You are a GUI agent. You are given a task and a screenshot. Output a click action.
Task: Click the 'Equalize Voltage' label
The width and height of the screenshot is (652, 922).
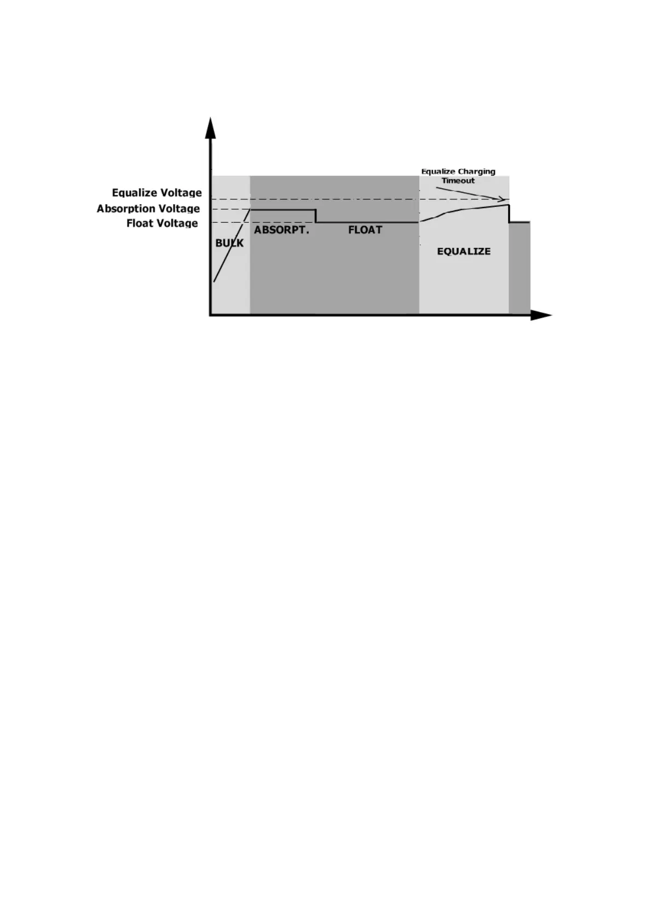click(157, 193)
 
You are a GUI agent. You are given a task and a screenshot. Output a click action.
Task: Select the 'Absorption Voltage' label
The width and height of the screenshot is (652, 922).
click(148, 209)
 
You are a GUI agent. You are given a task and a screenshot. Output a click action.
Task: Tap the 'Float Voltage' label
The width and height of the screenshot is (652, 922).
click(162, 223)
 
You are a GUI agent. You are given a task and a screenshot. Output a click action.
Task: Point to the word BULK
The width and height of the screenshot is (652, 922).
click(229, 243)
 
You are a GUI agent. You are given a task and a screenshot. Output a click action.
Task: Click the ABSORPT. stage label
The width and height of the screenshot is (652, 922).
click(281, 230)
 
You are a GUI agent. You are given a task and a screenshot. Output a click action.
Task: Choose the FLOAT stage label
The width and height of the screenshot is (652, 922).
click(365, 230)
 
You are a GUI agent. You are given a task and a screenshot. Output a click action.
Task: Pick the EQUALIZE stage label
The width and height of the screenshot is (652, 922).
click(464, 251)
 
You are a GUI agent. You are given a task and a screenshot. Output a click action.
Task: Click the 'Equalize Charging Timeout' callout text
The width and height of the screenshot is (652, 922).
click(458, 176)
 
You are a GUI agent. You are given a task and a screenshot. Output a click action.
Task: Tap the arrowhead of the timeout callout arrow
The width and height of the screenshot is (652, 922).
click(501, 199)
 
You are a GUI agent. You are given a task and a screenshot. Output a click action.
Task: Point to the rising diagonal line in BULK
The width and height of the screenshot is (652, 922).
click(232, 245)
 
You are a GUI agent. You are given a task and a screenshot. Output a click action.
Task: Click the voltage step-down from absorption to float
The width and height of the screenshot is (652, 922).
click(316, 216)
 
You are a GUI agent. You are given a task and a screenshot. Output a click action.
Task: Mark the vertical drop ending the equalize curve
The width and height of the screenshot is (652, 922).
click(509, 214)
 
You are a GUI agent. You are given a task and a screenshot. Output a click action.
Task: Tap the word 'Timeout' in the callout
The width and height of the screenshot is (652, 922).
click(458, 181)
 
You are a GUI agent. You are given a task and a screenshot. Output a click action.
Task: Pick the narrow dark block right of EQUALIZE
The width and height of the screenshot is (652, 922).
click(520, 268)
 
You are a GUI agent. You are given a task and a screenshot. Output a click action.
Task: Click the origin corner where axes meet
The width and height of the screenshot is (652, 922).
click(210, 315)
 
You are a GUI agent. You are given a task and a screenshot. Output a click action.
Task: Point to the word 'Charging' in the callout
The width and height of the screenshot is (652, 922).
click(477, 171)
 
